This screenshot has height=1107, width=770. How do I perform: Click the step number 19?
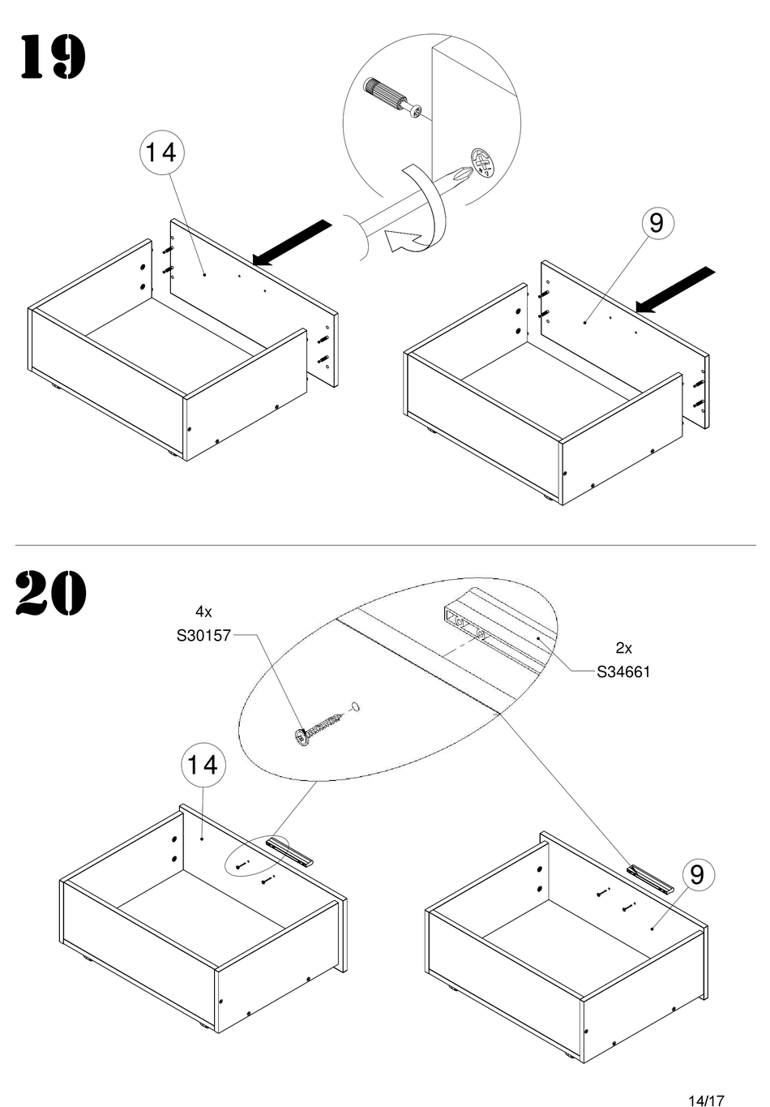point(52,58)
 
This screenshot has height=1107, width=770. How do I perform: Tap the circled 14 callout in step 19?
point(161,152)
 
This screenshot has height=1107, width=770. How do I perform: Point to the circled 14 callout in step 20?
point(202,765)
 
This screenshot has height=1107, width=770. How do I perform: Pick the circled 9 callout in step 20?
point(697,874)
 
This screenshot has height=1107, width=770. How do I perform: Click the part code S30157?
point(203,637)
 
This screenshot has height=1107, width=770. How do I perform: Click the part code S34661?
point(623,671)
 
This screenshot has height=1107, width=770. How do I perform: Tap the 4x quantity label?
point(203,611)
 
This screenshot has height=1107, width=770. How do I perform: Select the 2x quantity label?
point(623,647)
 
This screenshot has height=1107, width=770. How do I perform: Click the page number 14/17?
point(705,1101)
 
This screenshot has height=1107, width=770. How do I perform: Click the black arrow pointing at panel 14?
point(292,242)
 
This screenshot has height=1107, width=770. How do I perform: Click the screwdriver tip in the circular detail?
point(459,175)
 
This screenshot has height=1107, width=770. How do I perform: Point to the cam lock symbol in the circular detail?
point(482,163)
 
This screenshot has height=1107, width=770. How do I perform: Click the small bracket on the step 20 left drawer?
point(290,852)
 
